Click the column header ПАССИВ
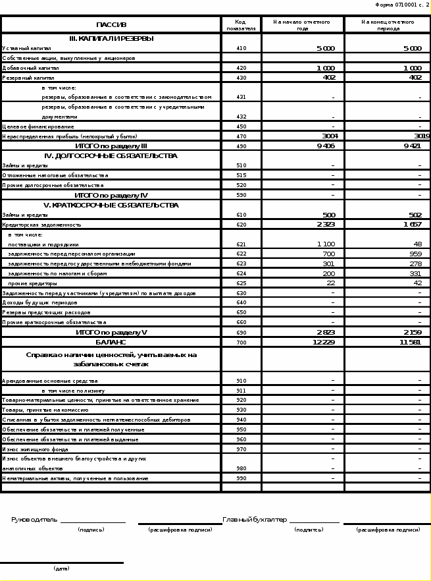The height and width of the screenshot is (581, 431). tap(111, 24)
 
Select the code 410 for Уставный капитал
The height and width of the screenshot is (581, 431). tap(241, 48)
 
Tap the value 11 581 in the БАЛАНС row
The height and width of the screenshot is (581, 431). tap(410, 343)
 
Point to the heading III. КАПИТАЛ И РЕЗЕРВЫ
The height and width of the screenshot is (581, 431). tap(111, 38)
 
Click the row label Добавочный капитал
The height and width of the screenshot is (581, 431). tap(31, 68)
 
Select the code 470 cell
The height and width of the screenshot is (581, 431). tap(241, 136)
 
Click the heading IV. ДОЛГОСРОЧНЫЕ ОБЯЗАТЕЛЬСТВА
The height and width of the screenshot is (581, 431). tap(111, 156)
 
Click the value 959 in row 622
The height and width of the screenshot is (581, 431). tap(415, 254)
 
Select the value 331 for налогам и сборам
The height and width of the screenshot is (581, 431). tap(415, 273)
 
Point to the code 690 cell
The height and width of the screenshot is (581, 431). tap(241, 333)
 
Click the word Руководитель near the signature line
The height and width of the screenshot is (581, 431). tap(34, 520)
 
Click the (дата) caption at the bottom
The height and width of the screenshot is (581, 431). tap(61, 568)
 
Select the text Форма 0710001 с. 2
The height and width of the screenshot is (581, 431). tap(402, 5)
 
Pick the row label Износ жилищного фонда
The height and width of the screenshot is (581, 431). tap(35, 449)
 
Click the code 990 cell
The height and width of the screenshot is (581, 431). tap(241, 478)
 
